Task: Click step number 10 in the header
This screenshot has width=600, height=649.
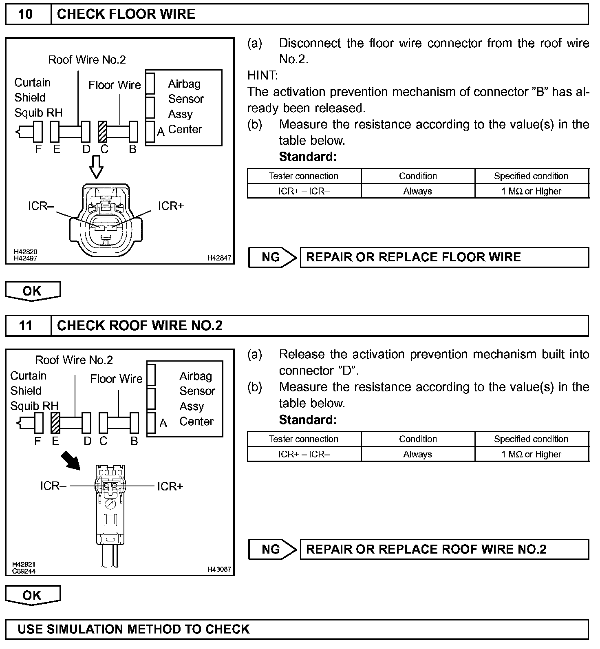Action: click(x=26, y=14)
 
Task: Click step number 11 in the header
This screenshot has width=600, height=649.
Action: click(x=26, y=326)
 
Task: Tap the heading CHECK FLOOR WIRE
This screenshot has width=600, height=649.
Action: click(x=126, y=14)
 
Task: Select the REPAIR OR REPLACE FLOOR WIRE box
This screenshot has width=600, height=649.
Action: click(x=444, y=257)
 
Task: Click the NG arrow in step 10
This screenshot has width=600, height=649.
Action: click(x=272, y=257)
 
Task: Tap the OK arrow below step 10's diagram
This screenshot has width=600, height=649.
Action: click(x=32, y=291)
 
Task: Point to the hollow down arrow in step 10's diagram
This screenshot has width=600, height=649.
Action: click(x=96, y=167)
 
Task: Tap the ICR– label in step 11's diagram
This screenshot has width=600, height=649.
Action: click(x=53, y=486)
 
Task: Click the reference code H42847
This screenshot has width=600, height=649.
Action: click(x=219, y=258)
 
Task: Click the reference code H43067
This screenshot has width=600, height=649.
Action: click(x=219, y=569)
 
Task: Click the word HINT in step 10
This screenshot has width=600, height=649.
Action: click(x=262, y=75)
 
